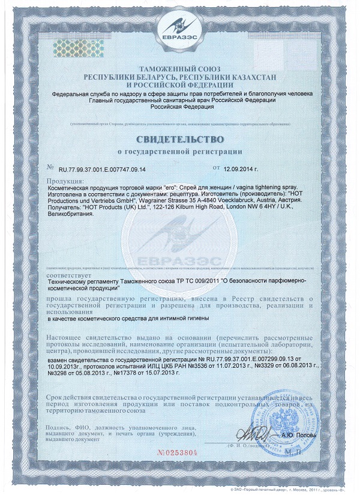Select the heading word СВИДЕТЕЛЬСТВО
click(x=179, y=139)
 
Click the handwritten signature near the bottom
click(x=247, y=434)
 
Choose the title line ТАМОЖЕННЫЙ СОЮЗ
click(x=179, y=70)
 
